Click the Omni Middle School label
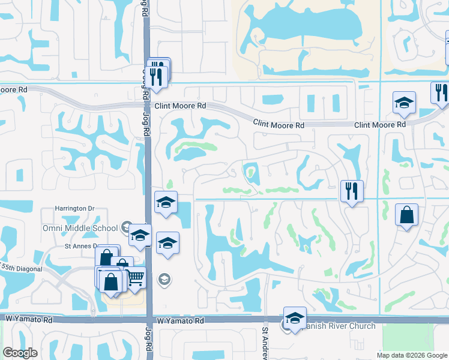click(80, 228)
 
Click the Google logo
click(20, 353)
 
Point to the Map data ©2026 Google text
click(412, 355)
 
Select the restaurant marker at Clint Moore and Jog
click(157, 75)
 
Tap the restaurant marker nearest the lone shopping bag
click(351, 191)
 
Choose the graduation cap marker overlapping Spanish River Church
click(295, 317)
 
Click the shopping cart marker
click(136, 277)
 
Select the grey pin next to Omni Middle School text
click(125, 227)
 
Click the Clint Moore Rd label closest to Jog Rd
click(180, 106)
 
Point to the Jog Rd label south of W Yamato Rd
click(148, 339)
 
